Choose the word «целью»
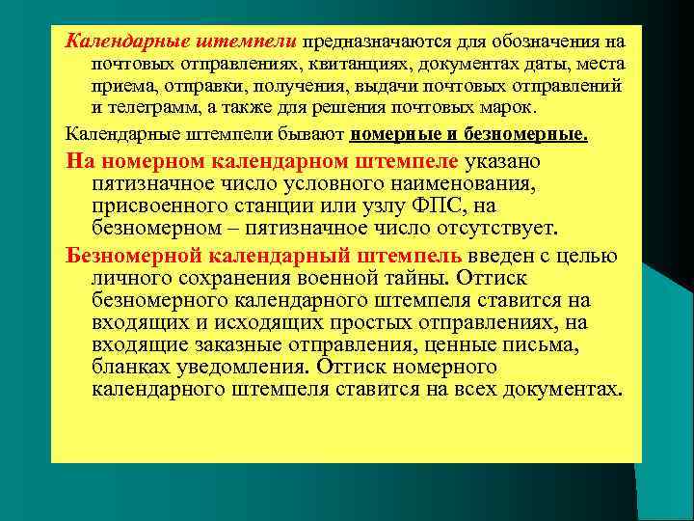590,255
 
